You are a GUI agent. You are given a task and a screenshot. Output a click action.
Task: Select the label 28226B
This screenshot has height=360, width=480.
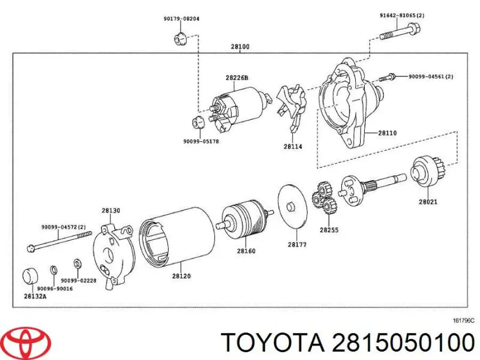click(x=237, y=78)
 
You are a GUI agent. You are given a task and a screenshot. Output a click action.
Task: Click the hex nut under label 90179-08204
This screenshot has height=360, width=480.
click(x=178, y=40)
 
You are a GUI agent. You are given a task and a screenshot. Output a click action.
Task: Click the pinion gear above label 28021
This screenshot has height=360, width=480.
click(x=426, y=169)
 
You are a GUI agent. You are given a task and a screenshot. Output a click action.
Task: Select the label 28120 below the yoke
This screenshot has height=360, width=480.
click(x=181, y=276)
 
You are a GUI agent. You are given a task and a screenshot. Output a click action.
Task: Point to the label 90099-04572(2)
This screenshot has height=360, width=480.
click(x=64, y=227)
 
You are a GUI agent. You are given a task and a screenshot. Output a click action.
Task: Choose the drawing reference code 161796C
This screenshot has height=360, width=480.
click(x=463, y=321)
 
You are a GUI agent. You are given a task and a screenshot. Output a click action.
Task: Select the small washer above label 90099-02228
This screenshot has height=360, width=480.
click(x=77, y=264)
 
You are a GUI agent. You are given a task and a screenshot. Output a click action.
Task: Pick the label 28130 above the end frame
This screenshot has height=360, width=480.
click(x=110, y=211)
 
